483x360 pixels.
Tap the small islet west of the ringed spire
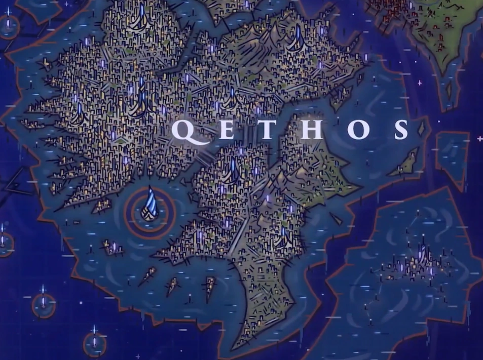(x=112, y=248)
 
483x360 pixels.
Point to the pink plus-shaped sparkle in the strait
(x=420, y=82)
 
